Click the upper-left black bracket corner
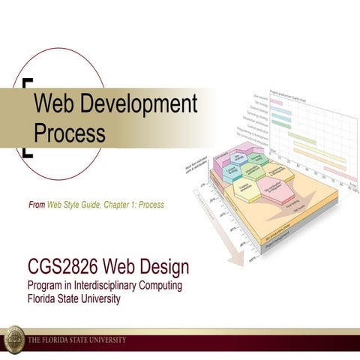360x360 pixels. [x=28, y=82]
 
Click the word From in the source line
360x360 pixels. [x=36, y=205]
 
